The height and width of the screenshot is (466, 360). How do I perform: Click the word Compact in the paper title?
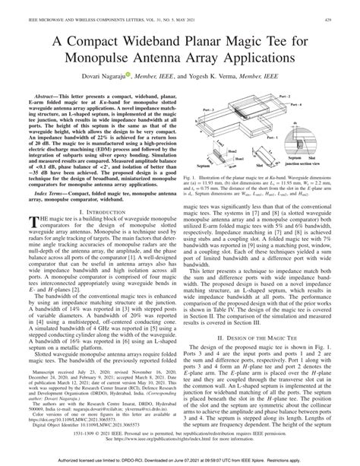point(106,36)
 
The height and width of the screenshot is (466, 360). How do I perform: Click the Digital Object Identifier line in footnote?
point(72,422)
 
